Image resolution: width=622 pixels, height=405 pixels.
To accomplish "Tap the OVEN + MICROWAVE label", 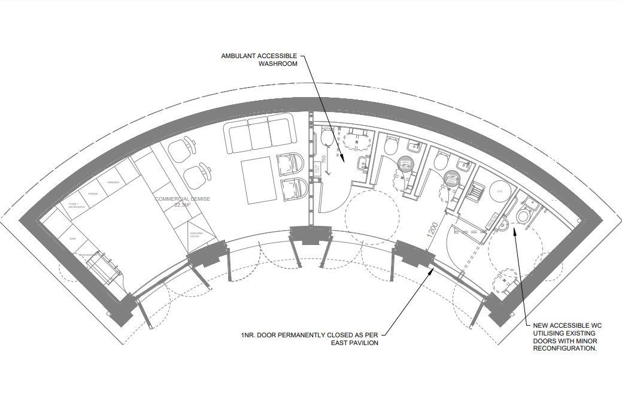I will (x=77, y=206).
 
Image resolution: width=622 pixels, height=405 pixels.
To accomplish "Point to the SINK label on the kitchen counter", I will (x=72, y=238).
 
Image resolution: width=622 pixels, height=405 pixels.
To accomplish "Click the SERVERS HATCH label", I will (x=196, y=234).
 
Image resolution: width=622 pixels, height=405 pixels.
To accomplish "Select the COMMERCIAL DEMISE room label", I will (x=183, y=198).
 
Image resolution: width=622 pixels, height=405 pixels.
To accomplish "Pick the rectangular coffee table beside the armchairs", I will (x=259, y=180).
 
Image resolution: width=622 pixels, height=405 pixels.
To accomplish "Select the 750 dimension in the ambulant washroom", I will (x=323, y=161).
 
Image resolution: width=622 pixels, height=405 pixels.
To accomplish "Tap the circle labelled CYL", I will (x=500, y=191).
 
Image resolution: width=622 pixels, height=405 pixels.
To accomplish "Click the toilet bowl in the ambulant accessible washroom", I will (x=327, y=139).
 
